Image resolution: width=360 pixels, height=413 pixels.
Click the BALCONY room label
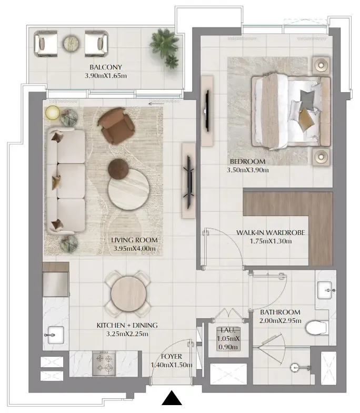[x=105, y=67]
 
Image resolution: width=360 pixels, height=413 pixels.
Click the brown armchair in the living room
[x=113, y=125]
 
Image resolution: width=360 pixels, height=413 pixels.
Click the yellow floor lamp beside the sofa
[x=52, y=112]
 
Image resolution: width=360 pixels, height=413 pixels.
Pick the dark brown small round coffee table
[x=118, y=168]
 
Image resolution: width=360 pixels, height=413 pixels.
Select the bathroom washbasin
[x=326, y=289]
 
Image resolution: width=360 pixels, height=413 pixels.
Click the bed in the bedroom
[x=291, y=111]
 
